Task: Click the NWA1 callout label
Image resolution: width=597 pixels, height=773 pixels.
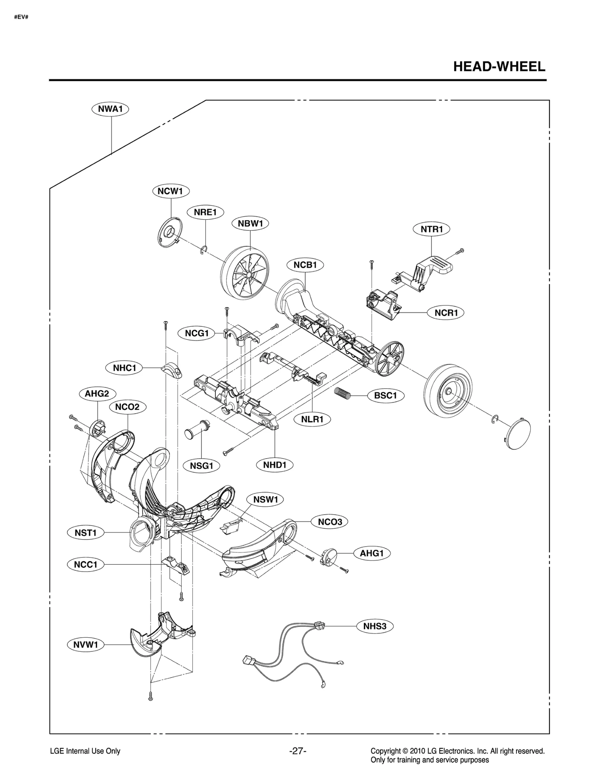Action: pos(110,109)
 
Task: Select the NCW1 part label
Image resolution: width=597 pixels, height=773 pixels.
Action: pos(171,191)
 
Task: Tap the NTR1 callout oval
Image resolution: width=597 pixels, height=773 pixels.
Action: pos(431,229)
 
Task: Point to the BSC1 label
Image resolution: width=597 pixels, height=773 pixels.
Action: pos(385,395)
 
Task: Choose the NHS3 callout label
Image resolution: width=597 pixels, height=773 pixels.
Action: pos(375,626)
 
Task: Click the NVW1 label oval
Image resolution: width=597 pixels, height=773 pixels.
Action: pos(85,644)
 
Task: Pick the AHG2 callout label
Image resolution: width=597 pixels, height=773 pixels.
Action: pos(97,393)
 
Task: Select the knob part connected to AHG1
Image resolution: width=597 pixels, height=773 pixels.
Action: pos(328,557)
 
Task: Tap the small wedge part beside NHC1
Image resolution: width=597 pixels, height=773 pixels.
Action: pos(171,369)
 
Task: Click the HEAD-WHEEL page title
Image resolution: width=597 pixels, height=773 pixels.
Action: pos(499,67)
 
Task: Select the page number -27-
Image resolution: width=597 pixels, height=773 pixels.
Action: pos(298,751)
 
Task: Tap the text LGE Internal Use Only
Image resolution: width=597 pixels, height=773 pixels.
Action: pos(85,751)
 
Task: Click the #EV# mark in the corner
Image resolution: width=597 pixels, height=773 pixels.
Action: pos(21,17)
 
